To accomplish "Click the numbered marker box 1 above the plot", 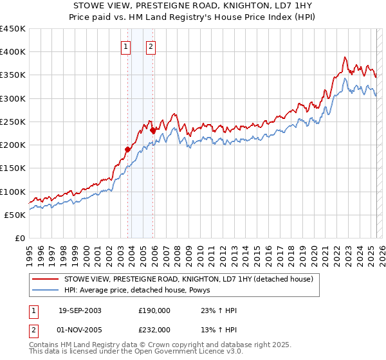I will (125, 46).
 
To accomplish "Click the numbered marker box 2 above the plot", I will (151, 46).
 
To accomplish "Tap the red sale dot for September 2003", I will (128, 149).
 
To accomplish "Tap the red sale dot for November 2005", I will (152, 130).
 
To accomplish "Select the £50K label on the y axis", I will (15, 215).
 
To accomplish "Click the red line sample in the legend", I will (46, 279).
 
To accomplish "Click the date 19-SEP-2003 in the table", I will (80, 310).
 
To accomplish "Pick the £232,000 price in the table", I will (154, 329).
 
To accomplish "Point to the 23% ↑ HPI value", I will (219, 310).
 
